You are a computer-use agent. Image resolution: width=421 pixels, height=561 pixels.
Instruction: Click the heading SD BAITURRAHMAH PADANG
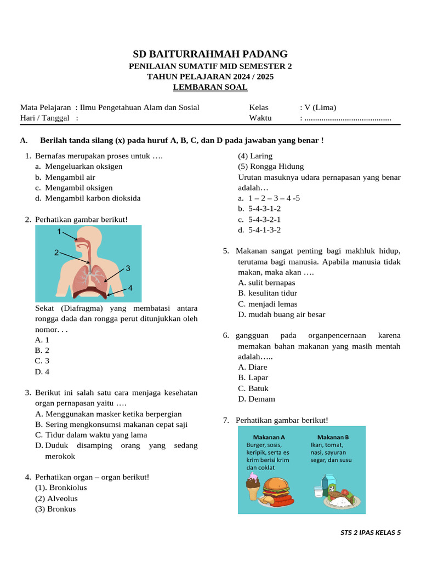[x=210, y=54]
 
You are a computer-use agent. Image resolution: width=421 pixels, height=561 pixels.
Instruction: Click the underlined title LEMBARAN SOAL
[x=210, y=87]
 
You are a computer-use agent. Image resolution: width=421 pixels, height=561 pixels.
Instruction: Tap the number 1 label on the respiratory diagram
[x=59, y=232]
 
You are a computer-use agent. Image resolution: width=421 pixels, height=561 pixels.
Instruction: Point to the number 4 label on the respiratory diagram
[x=130, y=288]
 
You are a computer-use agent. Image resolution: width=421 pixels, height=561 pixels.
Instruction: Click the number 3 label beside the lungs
[x=128, y=268]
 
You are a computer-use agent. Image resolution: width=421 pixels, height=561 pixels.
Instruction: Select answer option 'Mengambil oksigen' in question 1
[x=78, y=187]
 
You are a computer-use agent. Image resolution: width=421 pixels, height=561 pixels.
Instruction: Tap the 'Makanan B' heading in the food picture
[x=333, y=437]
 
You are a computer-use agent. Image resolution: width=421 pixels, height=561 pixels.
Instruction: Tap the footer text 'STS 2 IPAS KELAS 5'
[x=371, y=533]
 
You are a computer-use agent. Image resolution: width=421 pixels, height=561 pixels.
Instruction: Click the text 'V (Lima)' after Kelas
[x=320, y=107]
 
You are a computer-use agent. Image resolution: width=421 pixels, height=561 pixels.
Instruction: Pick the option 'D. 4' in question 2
[x=42, y=371]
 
